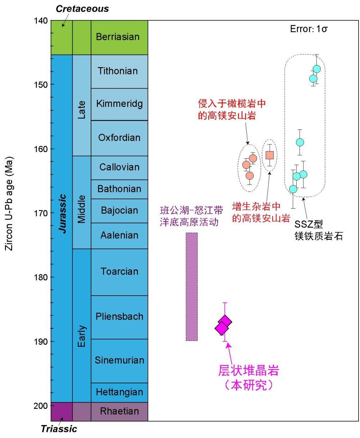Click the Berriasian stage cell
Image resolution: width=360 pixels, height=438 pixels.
click(x=119, y=37)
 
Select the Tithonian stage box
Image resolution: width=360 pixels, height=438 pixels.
click(x=119, y=71)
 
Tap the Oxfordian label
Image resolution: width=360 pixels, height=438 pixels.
click(x=119, y=138)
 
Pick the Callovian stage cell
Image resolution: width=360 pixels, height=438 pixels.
click(x=119, y=167)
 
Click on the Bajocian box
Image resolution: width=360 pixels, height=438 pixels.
click(x=119, y=210)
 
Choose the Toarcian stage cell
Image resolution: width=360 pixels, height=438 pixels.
click(x=119, y=272)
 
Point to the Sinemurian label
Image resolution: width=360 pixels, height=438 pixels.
click(x=119, y=360)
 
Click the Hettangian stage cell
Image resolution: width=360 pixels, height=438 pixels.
click(x=119, y=392)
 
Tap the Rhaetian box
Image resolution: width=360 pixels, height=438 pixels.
click(x=119, y=411)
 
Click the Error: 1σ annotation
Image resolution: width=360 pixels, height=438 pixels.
click(x=309, y=29)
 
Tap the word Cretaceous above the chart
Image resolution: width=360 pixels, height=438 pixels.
click(x=82, y=9)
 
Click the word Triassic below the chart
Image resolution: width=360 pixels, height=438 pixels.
click(x=59, y=429)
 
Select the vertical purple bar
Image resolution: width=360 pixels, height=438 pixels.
click(x=192, y=287)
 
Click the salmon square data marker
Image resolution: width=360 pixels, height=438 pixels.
click(x=270, y=155)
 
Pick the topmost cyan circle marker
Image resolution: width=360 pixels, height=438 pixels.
click(x=317, y=69)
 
